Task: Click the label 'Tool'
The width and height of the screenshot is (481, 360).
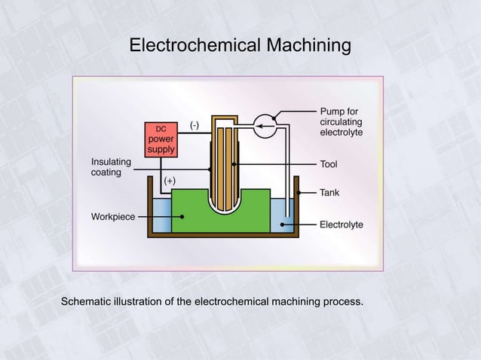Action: pos(329,164)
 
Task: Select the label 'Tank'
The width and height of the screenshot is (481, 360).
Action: pos(329,193)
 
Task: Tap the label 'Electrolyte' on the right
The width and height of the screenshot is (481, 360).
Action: pos(342,224)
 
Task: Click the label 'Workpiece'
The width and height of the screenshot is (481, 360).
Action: pos(113,217)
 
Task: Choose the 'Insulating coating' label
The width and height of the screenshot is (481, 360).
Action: pos(111,167)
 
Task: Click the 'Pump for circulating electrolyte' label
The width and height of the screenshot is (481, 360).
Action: pos(342,121)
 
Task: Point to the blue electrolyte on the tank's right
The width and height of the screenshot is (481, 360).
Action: pos(281,215)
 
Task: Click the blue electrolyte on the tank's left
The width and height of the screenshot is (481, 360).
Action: pos(161,215)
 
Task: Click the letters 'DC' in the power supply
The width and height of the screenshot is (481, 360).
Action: pos(161,129)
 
